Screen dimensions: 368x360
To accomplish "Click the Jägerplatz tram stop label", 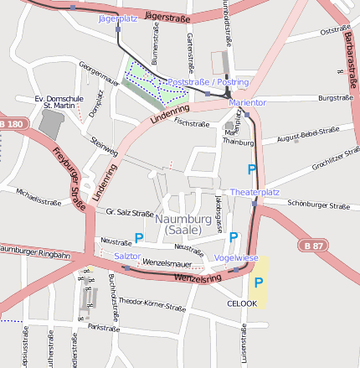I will pyautogui.click(x=117, y=18).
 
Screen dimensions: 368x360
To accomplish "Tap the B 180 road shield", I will pyautogui.click(x=12, y=124).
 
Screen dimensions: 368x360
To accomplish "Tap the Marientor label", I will pyautogui.click(x=247, y=102).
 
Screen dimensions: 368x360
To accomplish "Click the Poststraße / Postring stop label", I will pyautogui.click(x=208, y=82).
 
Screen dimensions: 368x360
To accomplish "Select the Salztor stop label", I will pyautogui.click(x=126, y=256).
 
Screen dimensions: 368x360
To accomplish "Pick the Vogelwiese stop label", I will pyautogui.click(x=236, y=257).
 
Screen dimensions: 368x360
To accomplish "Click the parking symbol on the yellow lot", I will pyautogui.click(x=259, y=282).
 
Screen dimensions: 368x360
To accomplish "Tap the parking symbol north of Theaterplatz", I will pyautogui.click(x=252, y=170).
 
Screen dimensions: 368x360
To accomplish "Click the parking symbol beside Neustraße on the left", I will pyautogui.click(x=139, y=238).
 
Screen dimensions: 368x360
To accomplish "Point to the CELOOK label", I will pyautogui.click(x=242, y=303).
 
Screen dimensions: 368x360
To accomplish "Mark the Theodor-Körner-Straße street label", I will pyautogui.click(x=152, y=304).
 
